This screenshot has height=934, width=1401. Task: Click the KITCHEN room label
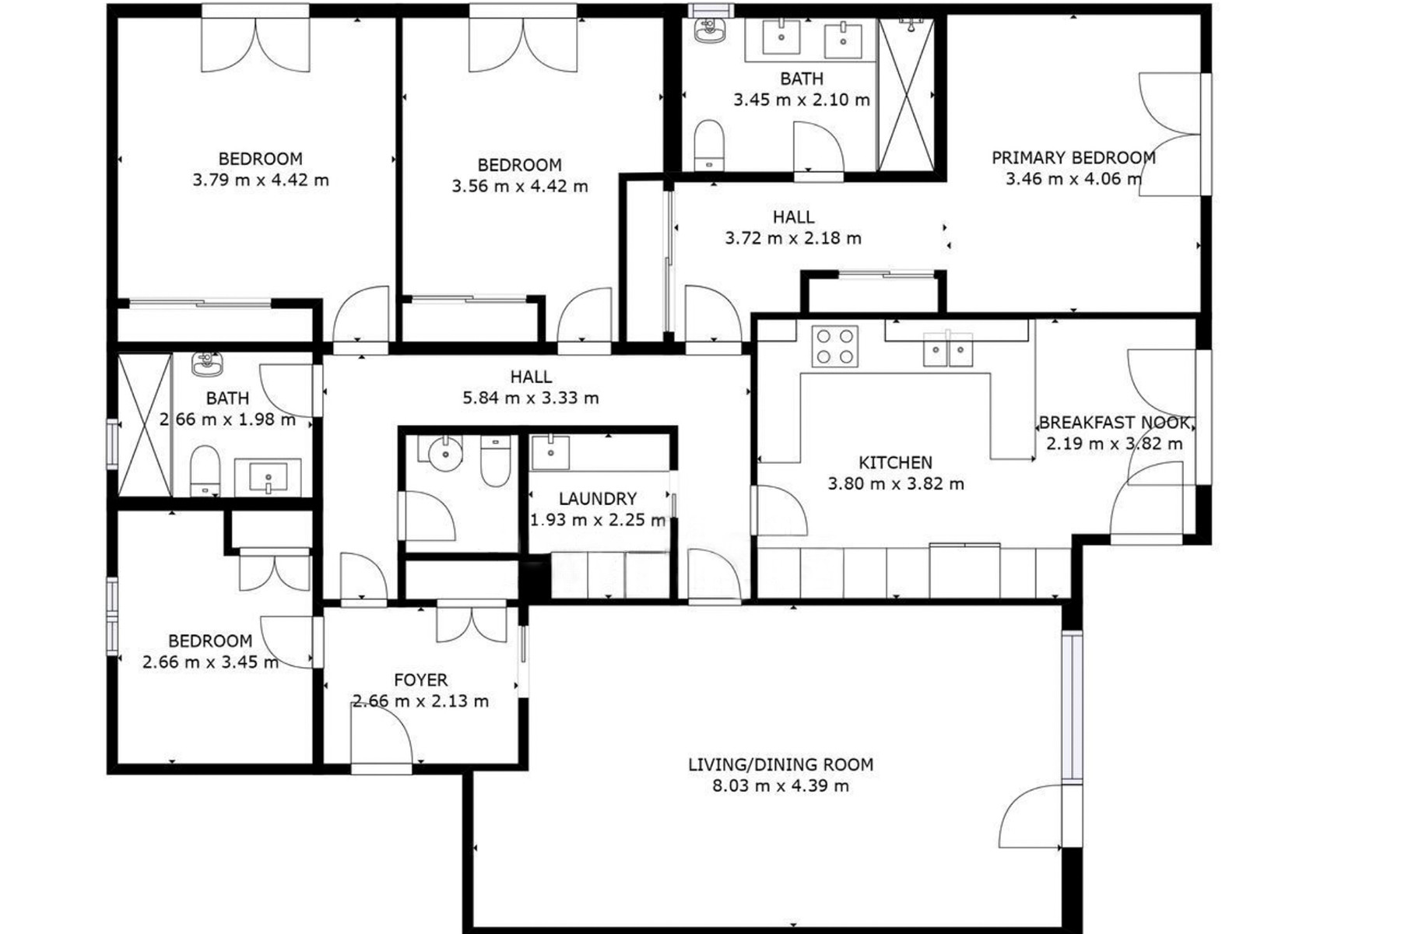895,462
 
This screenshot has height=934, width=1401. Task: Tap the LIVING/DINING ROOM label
781,764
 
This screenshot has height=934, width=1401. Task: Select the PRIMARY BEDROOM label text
1073,157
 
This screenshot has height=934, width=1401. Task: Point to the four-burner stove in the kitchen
834,346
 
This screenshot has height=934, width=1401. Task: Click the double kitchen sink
947,349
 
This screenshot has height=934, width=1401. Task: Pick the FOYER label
420,679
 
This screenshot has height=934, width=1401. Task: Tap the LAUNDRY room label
598,498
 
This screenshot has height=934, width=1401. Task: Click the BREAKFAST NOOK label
1115,423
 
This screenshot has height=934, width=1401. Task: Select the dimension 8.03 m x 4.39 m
781,785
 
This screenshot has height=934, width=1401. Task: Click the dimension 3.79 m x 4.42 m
261,180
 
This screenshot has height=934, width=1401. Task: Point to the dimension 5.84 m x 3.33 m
531,398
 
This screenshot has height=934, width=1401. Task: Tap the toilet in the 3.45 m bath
708,145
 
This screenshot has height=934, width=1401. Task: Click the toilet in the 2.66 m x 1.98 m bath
205,471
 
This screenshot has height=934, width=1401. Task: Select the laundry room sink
550,452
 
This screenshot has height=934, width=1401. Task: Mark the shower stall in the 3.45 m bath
906,93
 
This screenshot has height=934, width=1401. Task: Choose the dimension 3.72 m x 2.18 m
793,238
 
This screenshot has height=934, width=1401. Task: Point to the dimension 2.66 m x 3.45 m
210,662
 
